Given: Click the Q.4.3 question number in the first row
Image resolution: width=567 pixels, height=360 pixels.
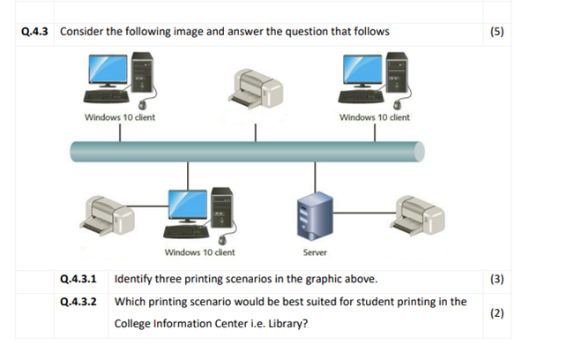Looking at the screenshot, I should (x=37, y=33).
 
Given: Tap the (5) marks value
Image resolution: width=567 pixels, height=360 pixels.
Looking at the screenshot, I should (x=496, y=33).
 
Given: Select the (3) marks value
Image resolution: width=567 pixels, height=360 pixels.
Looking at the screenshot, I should (x=496, y=280).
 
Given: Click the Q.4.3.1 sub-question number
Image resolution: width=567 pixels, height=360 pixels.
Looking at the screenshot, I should (x=78, y=280).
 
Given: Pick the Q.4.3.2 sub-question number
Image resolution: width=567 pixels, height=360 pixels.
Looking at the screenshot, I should (x=78, y=302).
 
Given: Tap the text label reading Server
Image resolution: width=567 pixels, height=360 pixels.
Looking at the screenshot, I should (x=315, y=252).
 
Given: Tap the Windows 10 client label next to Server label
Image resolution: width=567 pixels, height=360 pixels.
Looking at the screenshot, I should (x=199, y=252).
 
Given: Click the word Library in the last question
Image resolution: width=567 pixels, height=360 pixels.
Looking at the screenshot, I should (x=282, y=324).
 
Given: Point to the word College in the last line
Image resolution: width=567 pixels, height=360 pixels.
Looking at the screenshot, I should (x=134, y=324).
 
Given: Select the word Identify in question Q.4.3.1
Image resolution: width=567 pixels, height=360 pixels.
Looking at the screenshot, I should (x=134, y=280).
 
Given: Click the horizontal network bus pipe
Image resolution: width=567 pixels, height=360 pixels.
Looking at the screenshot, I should (x=247, y=151).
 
